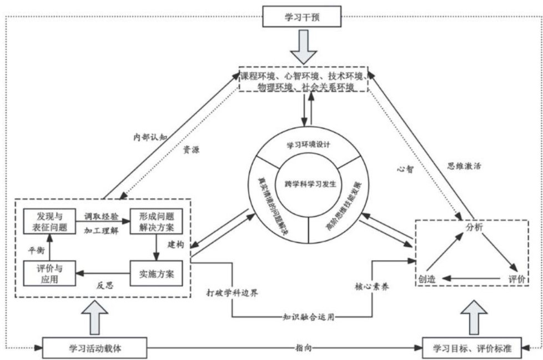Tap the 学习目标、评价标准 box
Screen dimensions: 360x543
point(471,348)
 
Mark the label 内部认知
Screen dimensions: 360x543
point(149,136)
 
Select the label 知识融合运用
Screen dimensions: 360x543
point(303,318)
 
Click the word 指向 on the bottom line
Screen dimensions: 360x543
point(304,348)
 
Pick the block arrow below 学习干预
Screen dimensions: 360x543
point(304,47)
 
